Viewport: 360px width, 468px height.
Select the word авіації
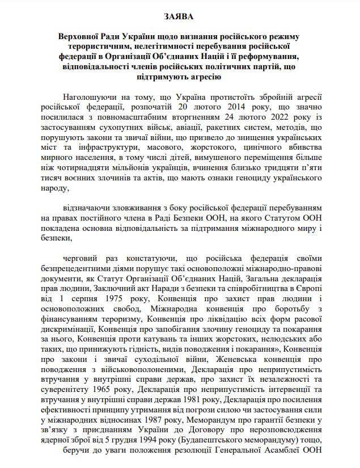[x=187, y=127]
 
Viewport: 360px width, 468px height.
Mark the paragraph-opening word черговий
[x=81, y=256]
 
